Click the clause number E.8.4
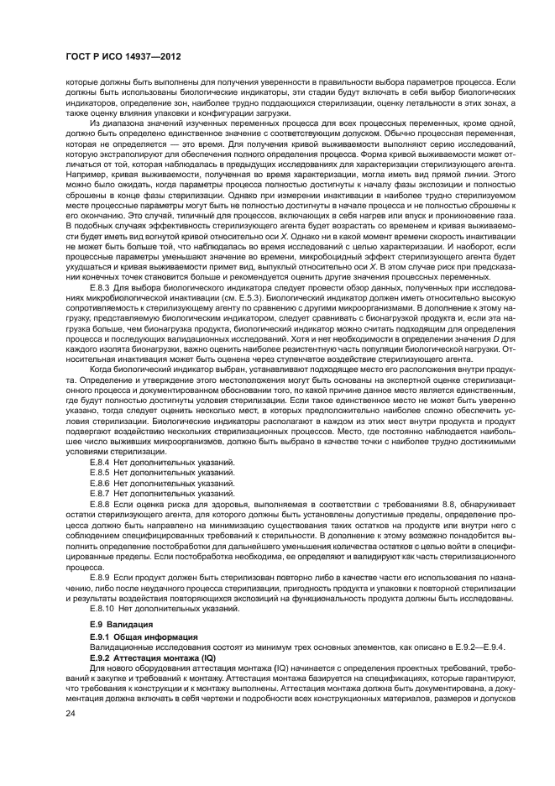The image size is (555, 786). click(102, 462)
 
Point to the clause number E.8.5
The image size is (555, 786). click(102, 472)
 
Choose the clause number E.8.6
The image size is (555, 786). click(102, 483)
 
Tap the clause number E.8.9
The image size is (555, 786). click(102, 579)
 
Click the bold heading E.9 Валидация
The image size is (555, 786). click(121, 626)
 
